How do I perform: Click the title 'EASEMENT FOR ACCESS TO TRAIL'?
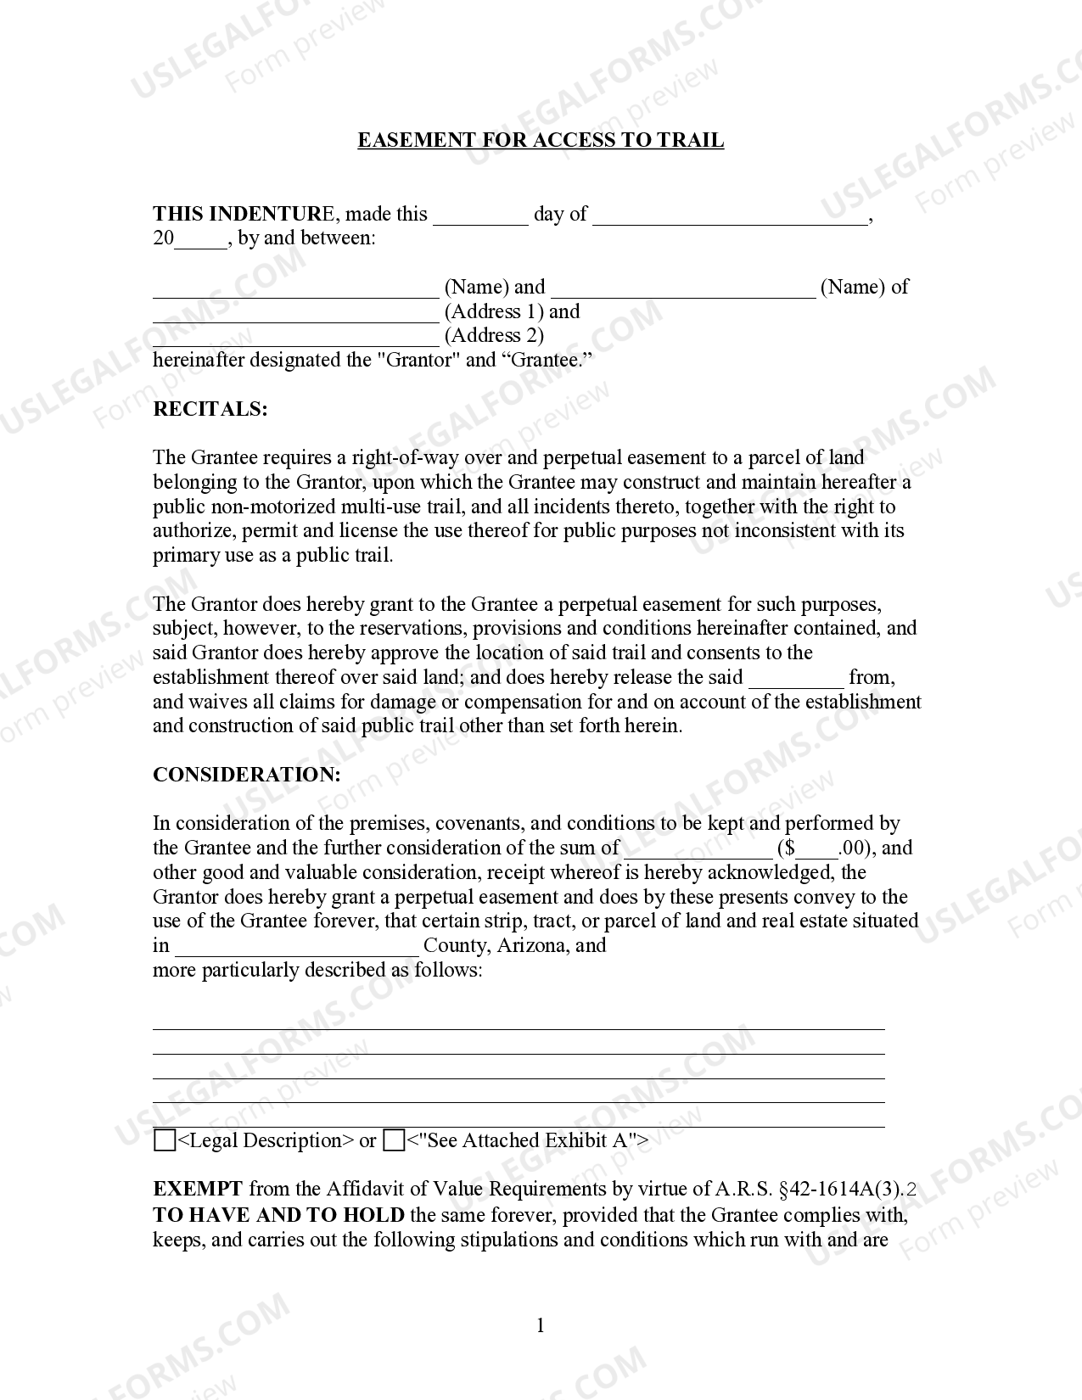click(541, 141)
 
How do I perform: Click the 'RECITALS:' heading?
click(210, 409)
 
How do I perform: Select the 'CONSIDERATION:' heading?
click(246, 775)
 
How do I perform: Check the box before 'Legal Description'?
click(165, 1140)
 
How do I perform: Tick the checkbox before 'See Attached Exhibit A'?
click(394, 1140)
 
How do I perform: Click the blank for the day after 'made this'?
click(480, 217)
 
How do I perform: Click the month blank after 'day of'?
click(730, 217)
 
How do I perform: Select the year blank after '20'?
click(201, 242)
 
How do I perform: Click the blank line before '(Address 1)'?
click(295, 315)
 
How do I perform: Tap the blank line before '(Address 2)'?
click(295, 339)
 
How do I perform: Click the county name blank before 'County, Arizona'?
click(297, 949)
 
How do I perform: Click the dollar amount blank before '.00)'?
click(816, 851)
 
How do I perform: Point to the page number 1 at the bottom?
click(541, 1325)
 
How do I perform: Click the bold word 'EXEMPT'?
click(197, 1190)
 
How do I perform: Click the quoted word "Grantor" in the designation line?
click(418, 360)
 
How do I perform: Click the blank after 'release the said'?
click(796, 680)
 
